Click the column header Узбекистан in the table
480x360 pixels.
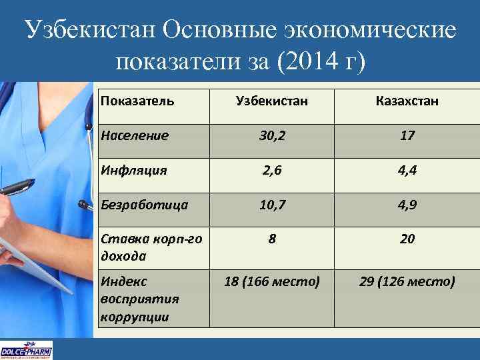tap(271, 101)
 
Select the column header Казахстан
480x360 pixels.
tap(407, 101)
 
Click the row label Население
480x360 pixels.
tap(135, 135)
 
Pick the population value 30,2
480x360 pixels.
tap(271, 135)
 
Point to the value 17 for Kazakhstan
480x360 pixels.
tap(407, 135)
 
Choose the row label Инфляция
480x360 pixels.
tap(133, 170)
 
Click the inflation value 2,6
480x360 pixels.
tap(271, 170)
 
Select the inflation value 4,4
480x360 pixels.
tap(407, 170)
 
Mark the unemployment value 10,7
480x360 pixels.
tap(271, 204)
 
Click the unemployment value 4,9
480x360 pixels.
tap(407, 204)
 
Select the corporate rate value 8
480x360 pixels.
tap(272, 238)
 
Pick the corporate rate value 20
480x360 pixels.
tap(407, 238)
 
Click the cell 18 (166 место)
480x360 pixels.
tap(272, 282)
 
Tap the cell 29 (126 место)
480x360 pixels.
tap(407, 282)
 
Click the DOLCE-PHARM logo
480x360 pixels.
tap(26, 350)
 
